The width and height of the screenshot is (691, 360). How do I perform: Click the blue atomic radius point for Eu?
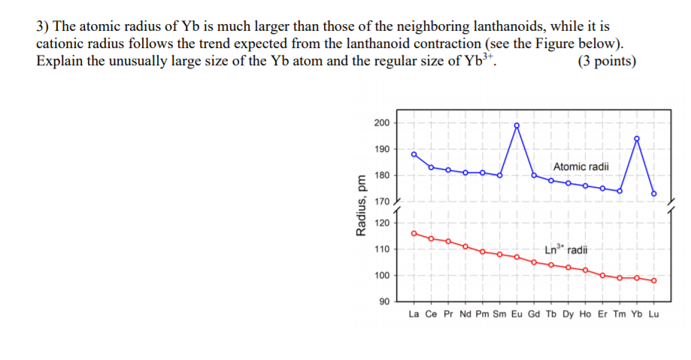[517, 126]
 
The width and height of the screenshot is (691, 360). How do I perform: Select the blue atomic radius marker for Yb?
[637, 138]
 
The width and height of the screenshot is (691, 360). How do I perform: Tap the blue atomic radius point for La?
[414, 154]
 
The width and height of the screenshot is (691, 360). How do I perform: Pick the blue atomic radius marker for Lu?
[654, 193]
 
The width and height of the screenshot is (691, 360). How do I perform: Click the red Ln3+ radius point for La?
[414, 233]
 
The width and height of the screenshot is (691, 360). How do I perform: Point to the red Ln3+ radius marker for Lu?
[654, 280]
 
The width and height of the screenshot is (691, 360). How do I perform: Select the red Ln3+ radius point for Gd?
[534, 262]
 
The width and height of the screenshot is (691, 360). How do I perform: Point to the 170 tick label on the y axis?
[381, 201]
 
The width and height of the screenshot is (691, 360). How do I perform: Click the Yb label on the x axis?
[637, 314]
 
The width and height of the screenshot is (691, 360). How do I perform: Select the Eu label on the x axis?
[517, 314]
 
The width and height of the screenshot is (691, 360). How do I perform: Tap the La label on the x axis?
[414, 314]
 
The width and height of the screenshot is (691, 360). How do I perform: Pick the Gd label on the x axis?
[534, 314]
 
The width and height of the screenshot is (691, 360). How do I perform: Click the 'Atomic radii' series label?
[581, 166]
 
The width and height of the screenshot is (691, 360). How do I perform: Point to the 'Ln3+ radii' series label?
[565, 250]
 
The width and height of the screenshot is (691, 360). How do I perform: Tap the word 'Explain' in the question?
[60, 61]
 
